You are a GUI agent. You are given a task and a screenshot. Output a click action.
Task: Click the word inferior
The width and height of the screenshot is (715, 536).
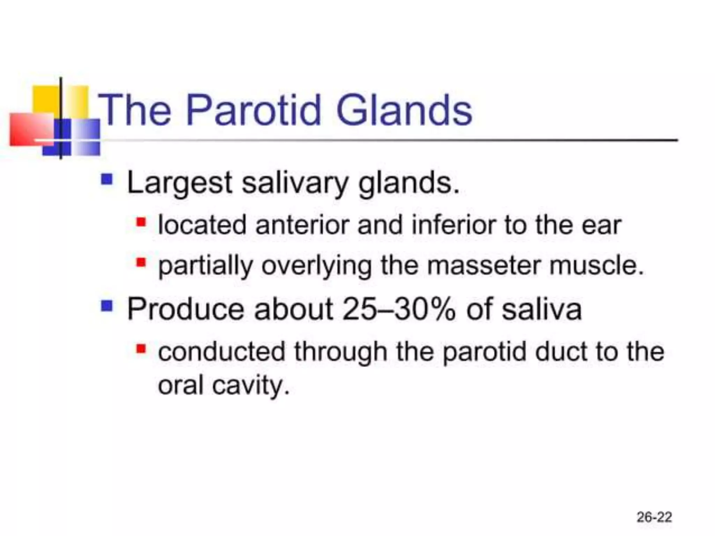pyautogui.click(x=454, y=225)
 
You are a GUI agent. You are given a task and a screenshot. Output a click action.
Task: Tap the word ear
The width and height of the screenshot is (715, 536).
pyautogui.click(x=601, y=226)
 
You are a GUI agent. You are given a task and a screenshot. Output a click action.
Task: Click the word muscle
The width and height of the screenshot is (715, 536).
pyautogui.click(x=596, y=266)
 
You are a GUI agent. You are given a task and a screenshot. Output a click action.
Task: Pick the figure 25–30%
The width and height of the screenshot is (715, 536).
pyautogui.click(x=399, y=309)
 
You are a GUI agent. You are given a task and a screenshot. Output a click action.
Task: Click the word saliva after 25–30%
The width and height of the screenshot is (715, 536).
pyautogui.click(x=541, y=309)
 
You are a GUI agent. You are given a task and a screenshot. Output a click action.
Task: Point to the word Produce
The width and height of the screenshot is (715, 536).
pyautogui.click(x=185, y=309)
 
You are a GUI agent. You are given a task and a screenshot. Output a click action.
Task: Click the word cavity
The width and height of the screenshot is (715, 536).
pyautogui.click(x=251, y=386)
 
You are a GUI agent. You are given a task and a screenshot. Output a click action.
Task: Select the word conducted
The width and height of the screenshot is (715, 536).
pyautogui.click(x=221, y=352)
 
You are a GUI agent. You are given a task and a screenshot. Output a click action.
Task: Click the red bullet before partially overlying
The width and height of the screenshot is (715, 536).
pyautogui.click(x=141, y=262)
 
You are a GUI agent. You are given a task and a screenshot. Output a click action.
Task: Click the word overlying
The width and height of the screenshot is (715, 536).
pyautogui.click(x=316, y=266)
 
